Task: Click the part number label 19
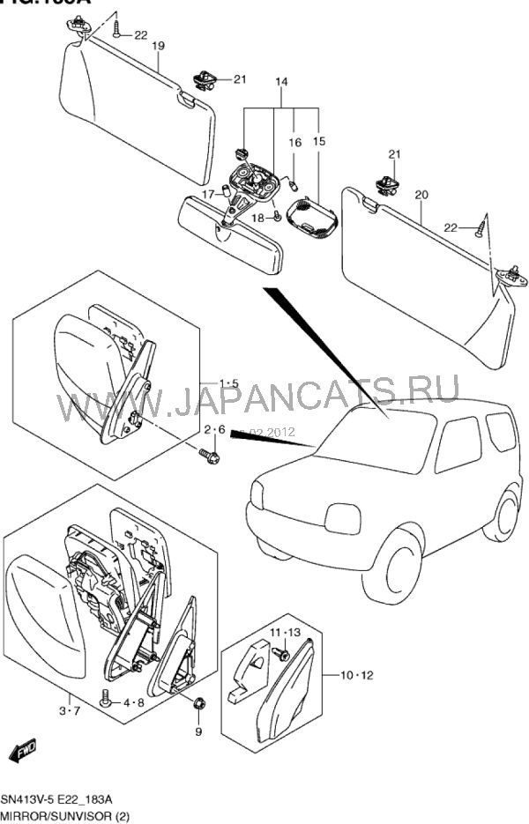(158, 46)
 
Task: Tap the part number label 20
(421, 194)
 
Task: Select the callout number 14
(281, 83)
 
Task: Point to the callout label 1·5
(228, 383)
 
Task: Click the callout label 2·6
(215, 430)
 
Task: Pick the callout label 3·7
(69, 710)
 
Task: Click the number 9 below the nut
(198, 731)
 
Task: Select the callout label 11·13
(285, 633)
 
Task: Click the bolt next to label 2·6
(210, 456)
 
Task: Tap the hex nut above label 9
(198, 703)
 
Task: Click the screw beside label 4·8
(107, 700)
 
